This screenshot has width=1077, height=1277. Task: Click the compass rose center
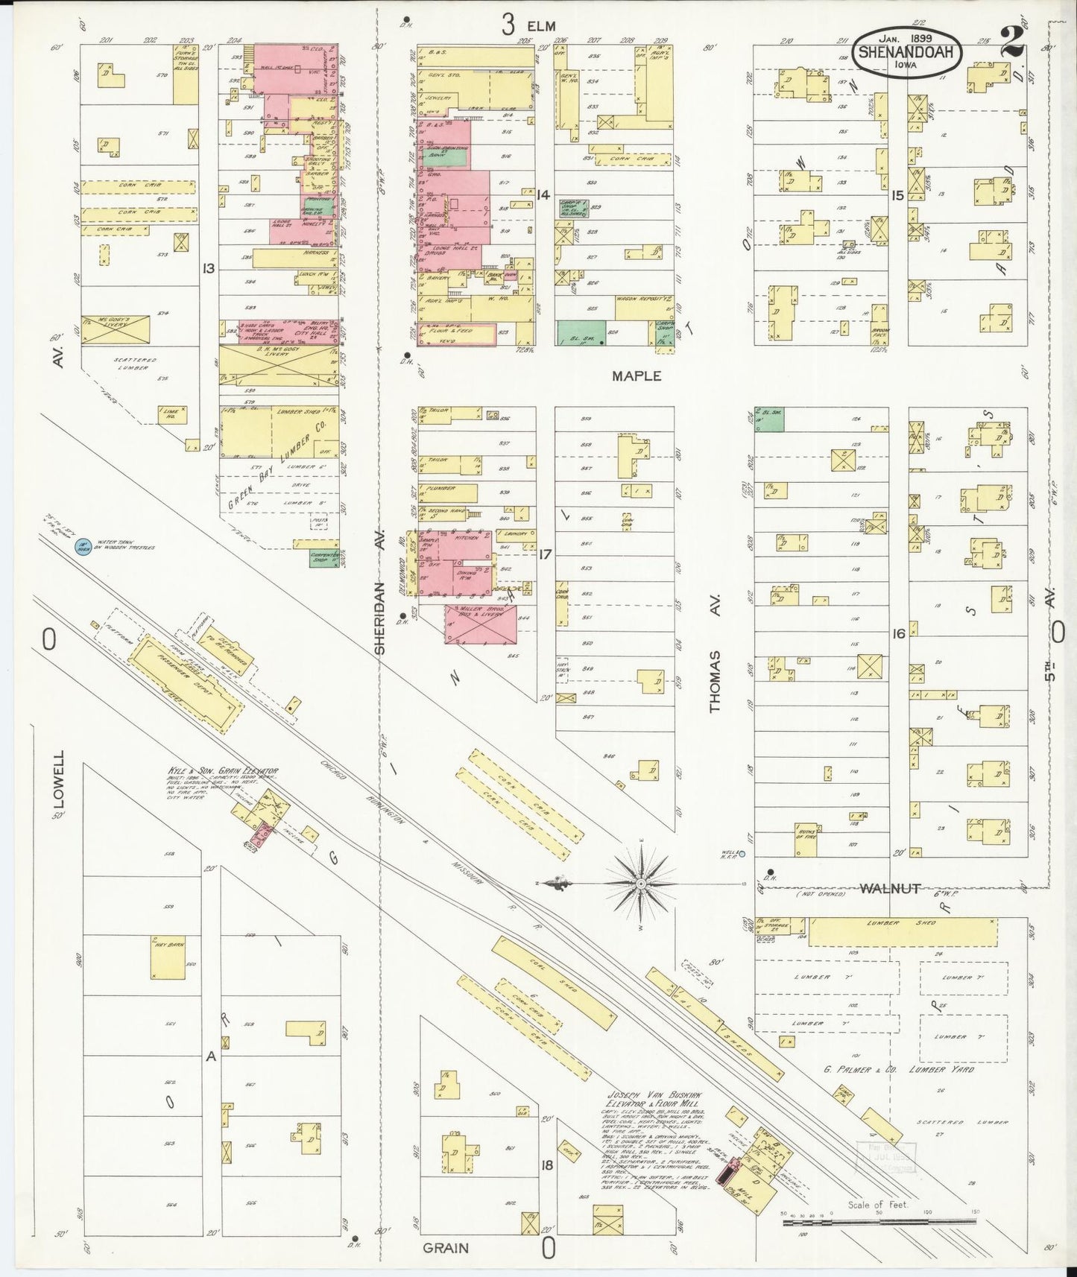click(x=640, y=883)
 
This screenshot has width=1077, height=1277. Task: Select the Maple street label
click(x=636, y=376)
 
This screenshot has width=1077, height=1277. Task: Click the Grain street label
click(x=446, y=1248)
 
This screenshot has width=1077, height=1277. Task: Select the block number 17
click(x=546, y=554)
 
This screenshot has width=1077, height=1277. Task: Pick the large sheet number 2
click(x=1012, y=43)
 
